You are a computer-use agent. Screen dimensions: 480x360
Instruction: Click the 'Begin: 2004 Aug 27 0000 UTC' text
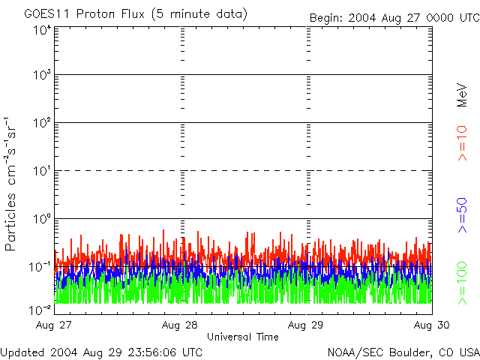pyautogui.click(x=394, y=18)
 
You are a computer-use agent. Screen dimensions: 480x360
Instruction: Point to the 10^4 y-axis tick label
pyautogui.click(x=42, y=30)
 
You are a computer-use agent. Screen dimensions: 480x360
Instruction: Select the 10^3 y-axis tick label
pyautogui.click(x=42, y=75)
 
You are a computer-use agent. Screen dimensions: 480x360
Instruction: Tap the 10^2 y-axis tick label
pyautogui.click(x=42, y=123)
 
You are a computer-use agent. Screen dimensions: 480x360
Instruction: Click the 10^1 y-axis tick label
pyautogui.click(x=42, y=171)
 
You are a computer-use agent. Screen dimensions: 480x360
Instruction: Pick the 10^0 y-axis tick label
pyautogui.click(x=42, y=219)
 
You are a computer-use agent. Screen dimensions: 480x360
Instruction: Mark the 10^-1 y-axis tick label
pyautogui.click(x=40, y=267)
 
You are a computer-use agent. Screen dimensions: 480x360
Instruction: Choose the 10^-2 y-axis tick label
pyautogui.click(x=40, y=310)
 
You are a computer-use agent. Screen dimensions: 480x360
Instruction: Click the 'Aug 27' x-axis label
pyautogui.click(x=53, y=325)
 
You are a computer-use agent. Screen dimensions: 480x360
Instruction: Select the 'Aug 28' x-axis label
pyautogui.click(x=180, y=325)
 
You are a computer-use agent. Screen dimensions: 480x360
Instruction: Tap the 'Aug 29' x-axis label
pyautogui.click(x=305, y=325)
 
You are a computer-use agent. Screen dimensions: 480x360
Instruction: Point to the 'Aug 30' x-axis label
pyautogui.click(x=432, y=325)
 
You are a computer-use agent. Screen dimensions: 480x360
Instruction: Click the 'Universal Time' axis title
pyautogui.click(x=243, y=337)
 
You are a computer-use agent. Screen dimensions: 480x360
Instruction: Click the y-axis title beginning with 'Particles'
pyautogui.click(x=10, y=184)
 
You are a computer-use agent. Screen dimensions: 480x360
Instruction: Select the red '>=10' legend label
pyautogui.click(x=462, y=143)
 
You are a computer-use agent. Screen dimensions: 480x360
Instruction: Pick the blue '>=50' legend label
pyautogui.click(x=462, y=215)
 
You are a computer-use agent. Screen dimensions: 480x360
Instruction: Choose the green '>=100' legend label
pyautogui.click(x=462, y=283)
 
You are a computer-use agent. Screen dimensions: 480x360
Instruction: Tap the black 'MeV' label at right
pyautogui.click(x=462, y=95)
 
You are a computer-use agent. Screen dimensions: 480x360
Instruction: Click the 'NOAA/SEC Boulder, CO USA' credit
pyautogui.click(x=403, y=352)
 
